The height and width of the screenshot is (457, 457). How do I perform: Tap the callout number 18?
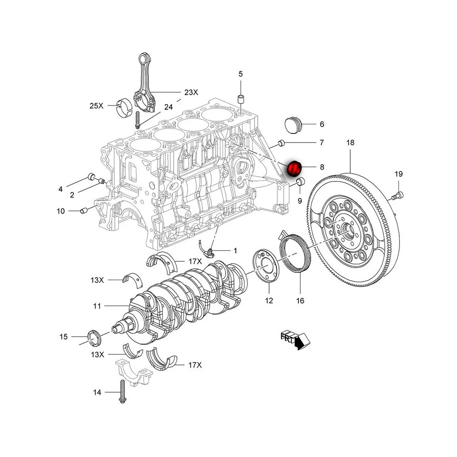coord(350,143)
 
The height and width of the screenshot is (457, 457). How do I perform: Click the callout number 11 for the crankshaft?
coord(96,306)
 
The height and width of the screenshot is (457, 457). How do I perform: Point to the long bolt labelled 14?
coord(122,392)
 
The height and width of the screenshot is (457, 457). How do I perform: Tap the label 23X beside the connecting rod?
coord(191,92)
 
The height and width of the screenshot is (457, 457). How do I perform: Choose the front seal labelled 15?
coord(94,337)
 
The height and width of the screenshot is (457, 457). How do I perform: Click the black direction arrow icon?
coord(299,342)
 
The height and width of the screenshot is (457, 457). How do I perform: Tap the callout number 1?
coord(235,250)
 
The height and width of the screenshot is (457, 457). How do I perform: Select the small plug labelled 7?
coord(282,143)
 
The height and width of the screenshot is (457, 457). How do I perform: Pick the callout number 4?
coord(60,188)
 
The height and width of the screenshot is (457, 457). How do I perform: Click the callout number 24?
coord(168,107)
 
